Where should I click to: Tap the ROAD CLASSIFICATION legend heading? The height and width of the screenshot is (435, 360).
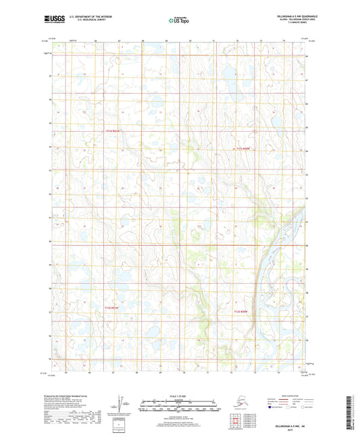pyautogui.click(x=283, y=395)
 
